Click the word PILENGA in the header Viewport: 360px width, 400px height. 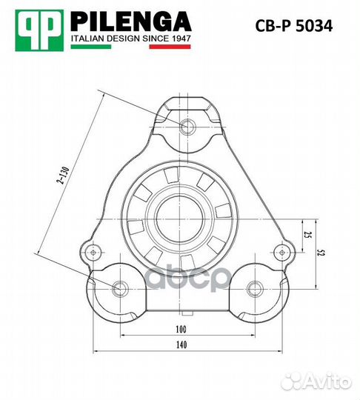tap(130, 20)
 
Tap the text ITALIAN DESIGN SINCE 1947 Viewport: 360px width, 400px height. tap(130, 37)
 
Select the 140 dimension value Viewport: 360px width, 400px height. tap(181, 344)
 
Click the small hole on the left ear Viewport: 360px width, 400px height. tap(93, 252)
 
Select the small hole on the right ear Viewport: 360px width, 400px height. tap(280, 252)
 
